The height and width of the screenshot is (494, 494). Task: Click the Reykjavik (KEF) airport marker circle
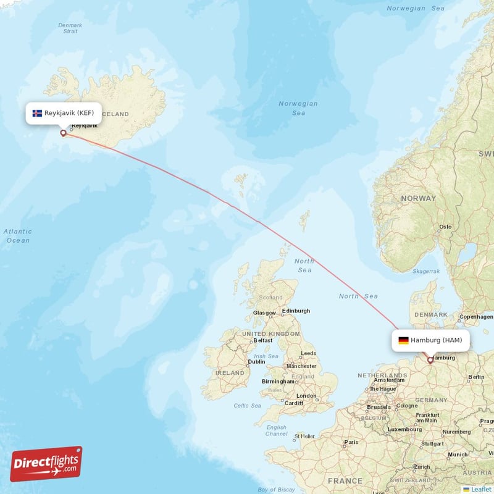pyautogui.click(x=63, y=133)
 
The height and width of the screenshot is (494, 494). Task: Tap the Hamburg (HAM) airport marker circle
pyautogui.click(x=430, y=360)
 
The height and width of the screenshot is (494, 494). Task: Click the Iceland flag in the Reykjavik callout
pyautogui.click(x=37, y=113)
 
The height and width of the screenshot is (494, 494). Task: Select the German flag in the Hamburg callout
pyautogui.click(x=403, y=340)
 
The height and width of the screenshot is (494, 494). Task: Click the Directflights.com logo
pyautogui.click(x=46, y=464)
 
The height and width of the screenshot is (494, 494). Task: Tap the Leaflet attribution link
pyautogui.click(x=477, y=489)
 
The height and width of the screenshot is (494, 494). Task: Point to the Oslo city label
pyautogui.click(x=445, y=227)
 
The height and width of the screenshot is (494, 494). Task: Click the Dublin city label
pyautogui.click(x=256, y=362)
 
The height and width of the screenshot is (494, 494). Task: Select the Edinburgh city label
pyautogui.click(x=296, y=311)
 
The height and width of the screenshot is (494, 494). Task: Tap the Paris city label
pyautogui.click(x=351, y=442)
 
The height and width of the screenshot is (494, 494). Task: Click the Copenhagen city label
pyautogui.click(x=477, y=317)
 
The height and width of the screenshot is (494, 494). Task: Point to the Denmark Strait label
pyautogui.click(x=70, y=28)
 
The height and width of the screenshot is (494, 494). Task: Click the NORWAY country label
pyautogui.click(x=419, y=198)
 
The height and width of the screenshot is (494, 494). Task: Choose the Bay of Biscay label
pyautogui.click(x=276, y=489)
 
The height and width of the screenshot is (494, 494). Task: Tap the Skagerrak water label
pyautogui.click(x=426, y=271)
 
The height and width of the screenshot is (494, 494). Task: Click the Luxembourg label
pyautogui.click(x=405, y=429)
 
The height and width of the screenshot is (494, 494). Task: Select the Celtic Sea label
pyautogui.click(x=247, y=406)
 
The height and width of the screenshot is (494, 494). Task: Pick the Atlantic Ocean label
pyautogui.click(x=18, y=236)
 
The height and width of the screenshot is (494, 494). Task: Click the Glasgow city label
pyautogui.click(x=264, y=313)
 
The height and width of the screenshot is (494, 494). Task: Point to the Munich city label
pyautogui.click(x=458, y=454)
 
